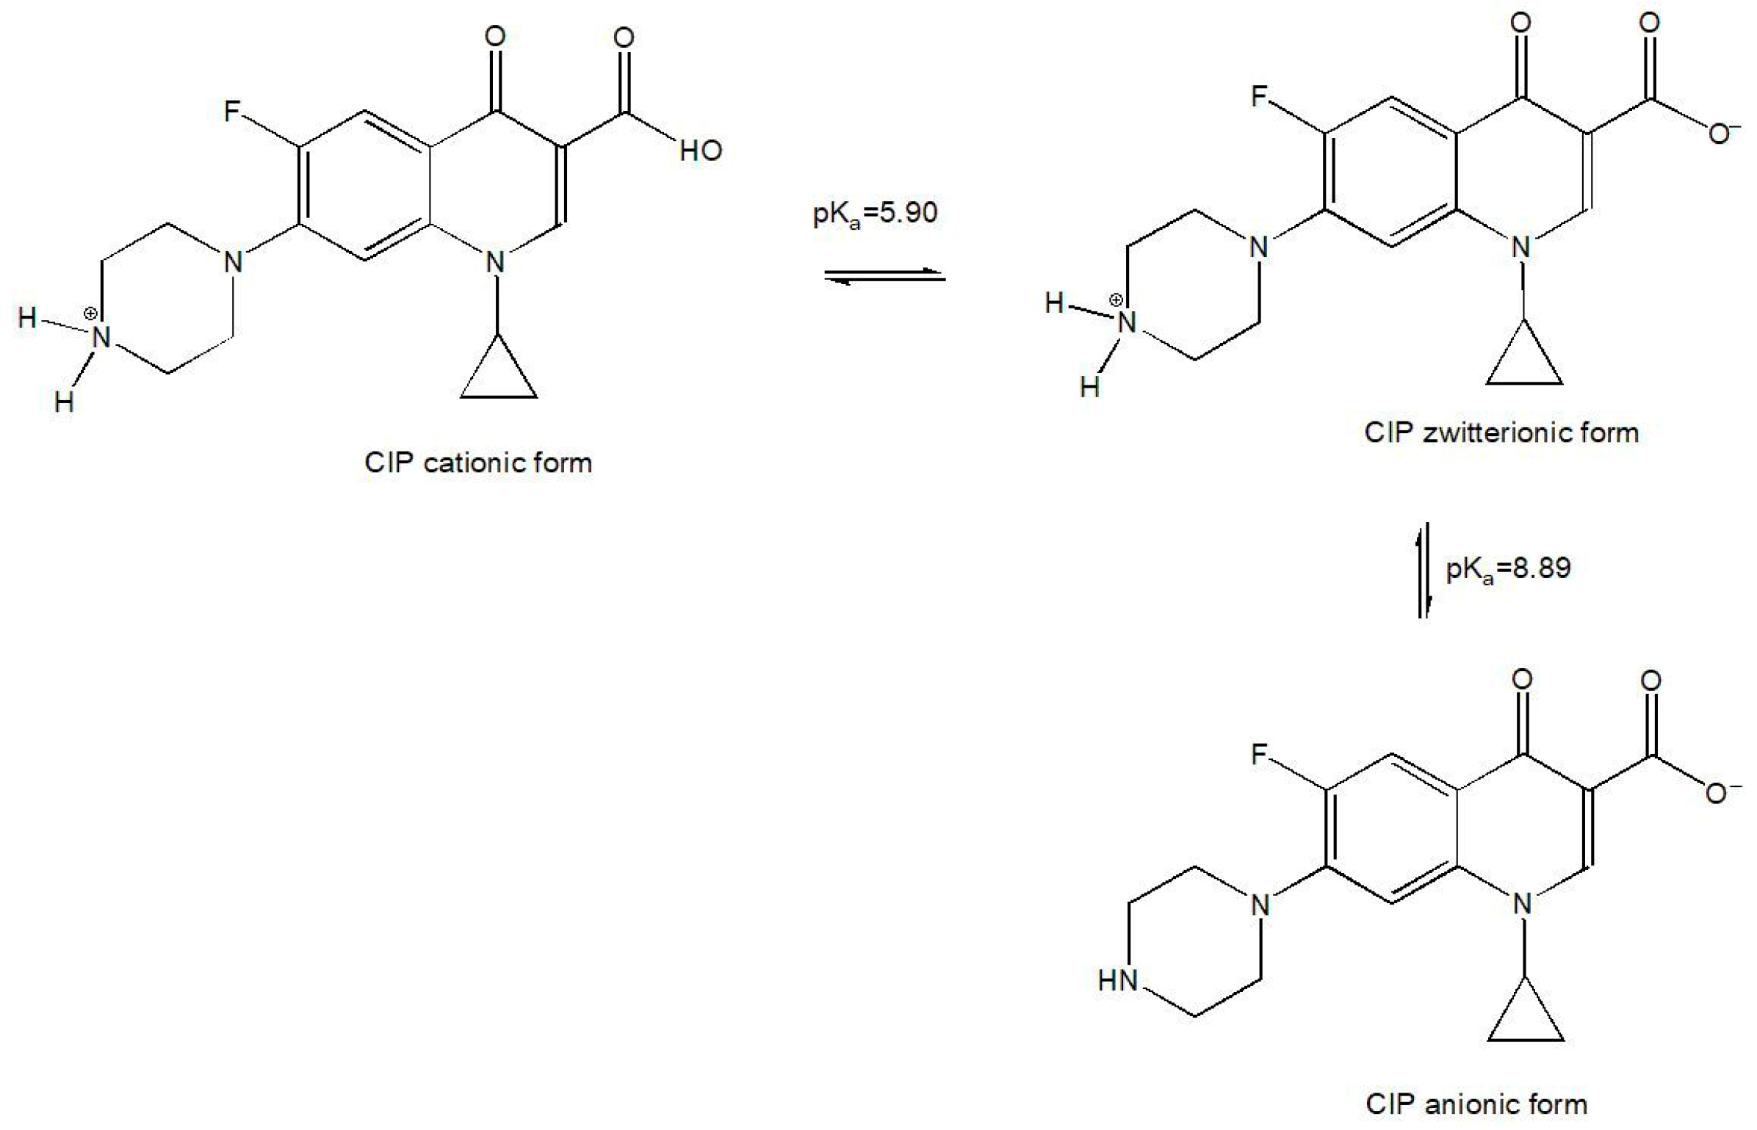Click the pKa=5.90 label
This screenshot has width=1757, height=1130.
pyautogui.click(x=875, y=214)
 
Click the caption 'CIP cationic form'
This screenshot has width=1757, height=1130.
pyautogui.click(x=478, y=463)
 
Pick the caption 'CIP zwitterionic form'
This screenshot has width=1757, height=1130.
pyautogui.click(x=1501, y=432)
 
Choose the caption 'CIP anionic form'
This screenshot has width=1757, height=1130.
pyautogui.click(x=1476, y=1104)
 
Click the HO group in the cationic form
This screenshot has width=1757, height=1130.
pyautogui.click(x=700, y=151)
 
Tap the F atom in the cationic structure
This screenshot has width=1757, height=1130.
pyautogui.click(x=232, y=112)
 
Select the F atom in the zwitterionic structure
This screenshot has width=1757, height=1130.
pyautogui.click(x=1260, y=96)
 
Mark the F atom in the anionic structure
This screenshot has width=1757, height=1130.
pyautogui.click(x=1260, y=754)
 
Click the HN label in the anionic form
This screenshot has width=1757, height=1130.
pyautogui.click(x=1117, y=980)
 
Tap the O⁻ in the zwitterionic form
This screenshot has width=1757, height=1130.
pyautogui.click(x=1722, y=134)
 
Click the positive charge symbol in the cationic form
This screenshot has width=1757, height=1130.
pyautogui.click(x=90, y=314)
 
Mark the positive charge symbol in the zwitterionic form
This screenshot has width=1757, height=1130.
pyautogui.click(x=1116, y=300)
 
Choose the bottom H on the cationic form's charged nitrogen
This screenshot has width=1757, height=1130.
pyautogui.click(x=65, y=402)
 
